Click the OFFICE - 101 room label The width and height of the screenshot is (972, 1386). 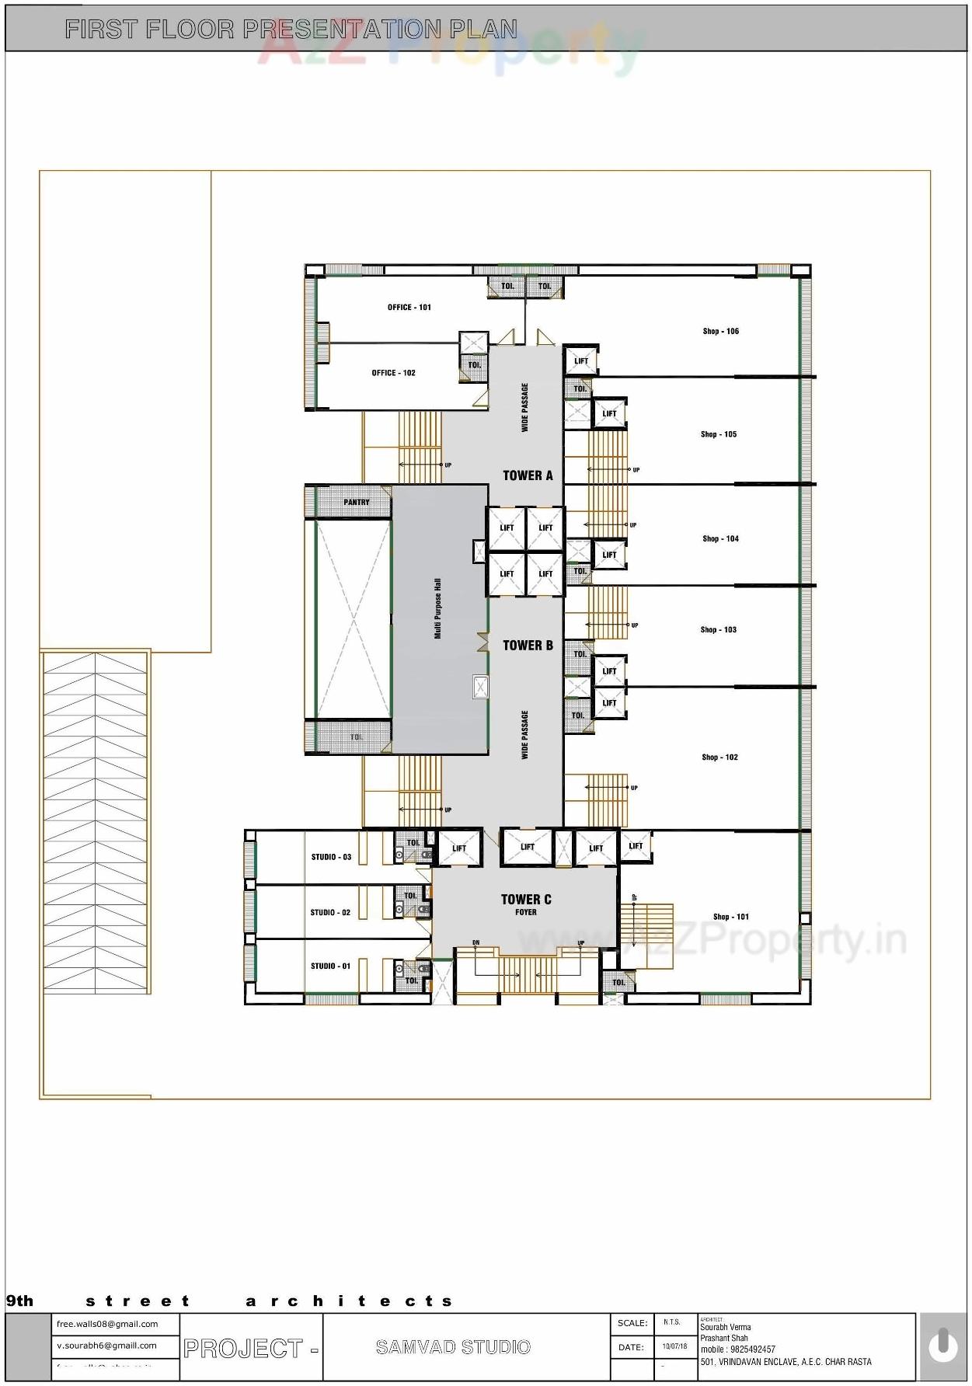[409, 308]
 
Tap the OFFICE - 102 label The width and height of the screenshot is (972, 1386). [393, 373]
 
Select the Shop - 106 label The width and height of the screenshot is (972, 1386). [720, 332]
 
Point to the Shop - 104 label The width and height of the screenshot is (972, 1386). [720, 539]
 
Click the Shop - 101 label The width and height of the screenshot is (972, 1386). [730, 918]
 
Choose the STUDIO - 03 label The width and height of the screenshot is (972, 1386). [331, 858]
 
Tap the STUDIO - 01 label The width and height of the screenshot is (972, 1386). [330, 966]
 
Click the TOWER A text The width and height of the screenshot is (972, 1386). [528, 475]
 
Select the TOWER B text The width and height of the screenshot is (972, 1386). [528, 646]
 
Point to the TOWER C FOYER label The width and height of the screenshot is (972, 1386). [526, 904]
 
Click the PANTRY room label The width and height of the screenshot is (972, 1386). [357, 503]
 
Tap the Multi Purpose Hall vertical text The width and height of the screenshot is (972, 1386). [437, 609]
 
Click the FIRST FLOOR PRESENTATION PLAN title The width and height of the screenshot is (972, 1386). [291, 30]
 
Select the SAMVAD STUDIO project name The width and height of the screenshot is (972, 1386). [453, 1347]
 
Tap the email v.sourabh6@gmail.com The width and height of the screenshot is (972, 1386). [106, 1346]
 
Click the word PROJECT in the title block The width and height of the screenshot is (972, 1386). [242, 1349]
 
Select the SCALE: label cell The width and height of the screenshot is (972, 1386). [632, 1323]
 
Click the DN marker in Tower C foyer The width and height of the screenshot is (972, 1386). [476, 943]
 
